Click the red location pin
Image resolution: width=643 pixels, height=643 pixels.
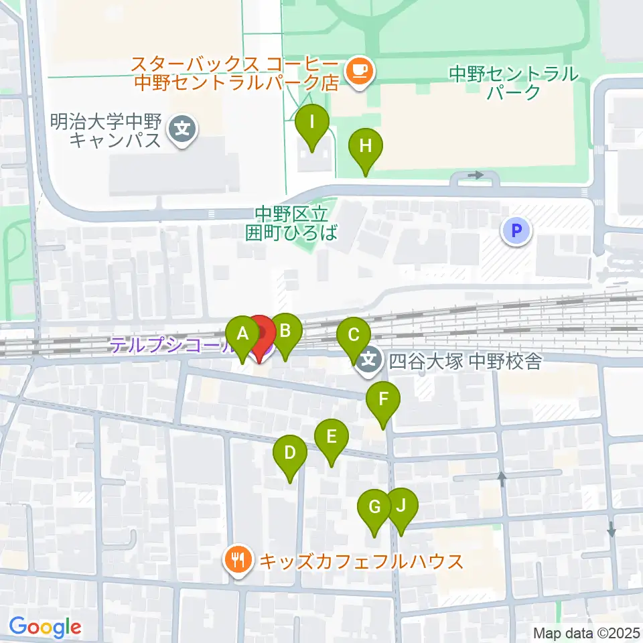(x=260, y=335)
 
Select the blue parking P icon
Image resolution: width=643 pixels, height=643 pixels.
(x=516, y=232)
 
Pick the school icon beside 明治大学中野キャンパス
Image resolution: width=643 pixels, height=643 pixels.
(x=182, y=126)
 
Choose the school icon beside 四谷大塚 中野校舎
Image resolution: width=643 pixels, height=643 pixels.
(x=368, y=362)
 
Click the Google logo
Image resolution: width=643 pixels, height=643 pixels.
(x=46, y=627)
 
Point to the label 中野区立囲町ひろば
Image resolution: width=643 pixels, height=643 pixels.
(x=292, y=224)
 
